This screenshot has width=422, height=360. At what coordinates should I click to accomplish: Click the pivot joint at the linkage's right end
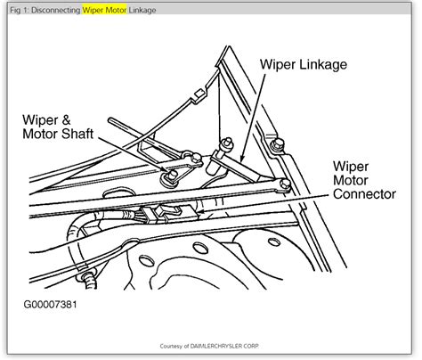(x=282, y=185)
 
